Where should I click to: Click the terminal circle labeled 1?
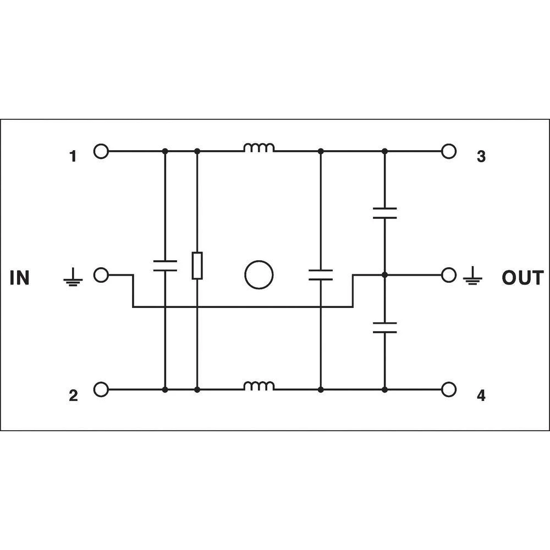[101, 151]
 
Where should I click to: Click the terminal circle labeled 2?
[101, 389]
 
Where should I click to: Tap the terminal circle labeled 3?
[449, 151]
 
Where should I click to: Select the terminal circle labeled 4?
[449, 389]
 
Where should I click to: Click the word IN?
[19, 278]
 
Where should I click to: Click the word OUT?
[522, 278]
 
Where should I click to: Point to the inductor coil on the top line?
[259, 147]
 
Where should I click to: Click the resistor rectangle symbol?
[197, 266]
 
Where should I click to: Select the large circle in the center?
[258, 274]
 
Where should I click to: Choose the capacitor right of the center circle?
[320, 275]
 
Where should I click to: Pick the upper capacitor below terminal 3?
[384, 213]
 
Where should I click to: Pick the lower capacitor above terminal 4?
[384, 328]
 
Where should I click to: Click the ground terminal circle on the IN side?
[101, 274]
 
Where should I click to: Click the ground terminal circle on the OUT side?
[449, 274]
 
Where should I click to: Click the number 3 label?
[481, 157]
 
